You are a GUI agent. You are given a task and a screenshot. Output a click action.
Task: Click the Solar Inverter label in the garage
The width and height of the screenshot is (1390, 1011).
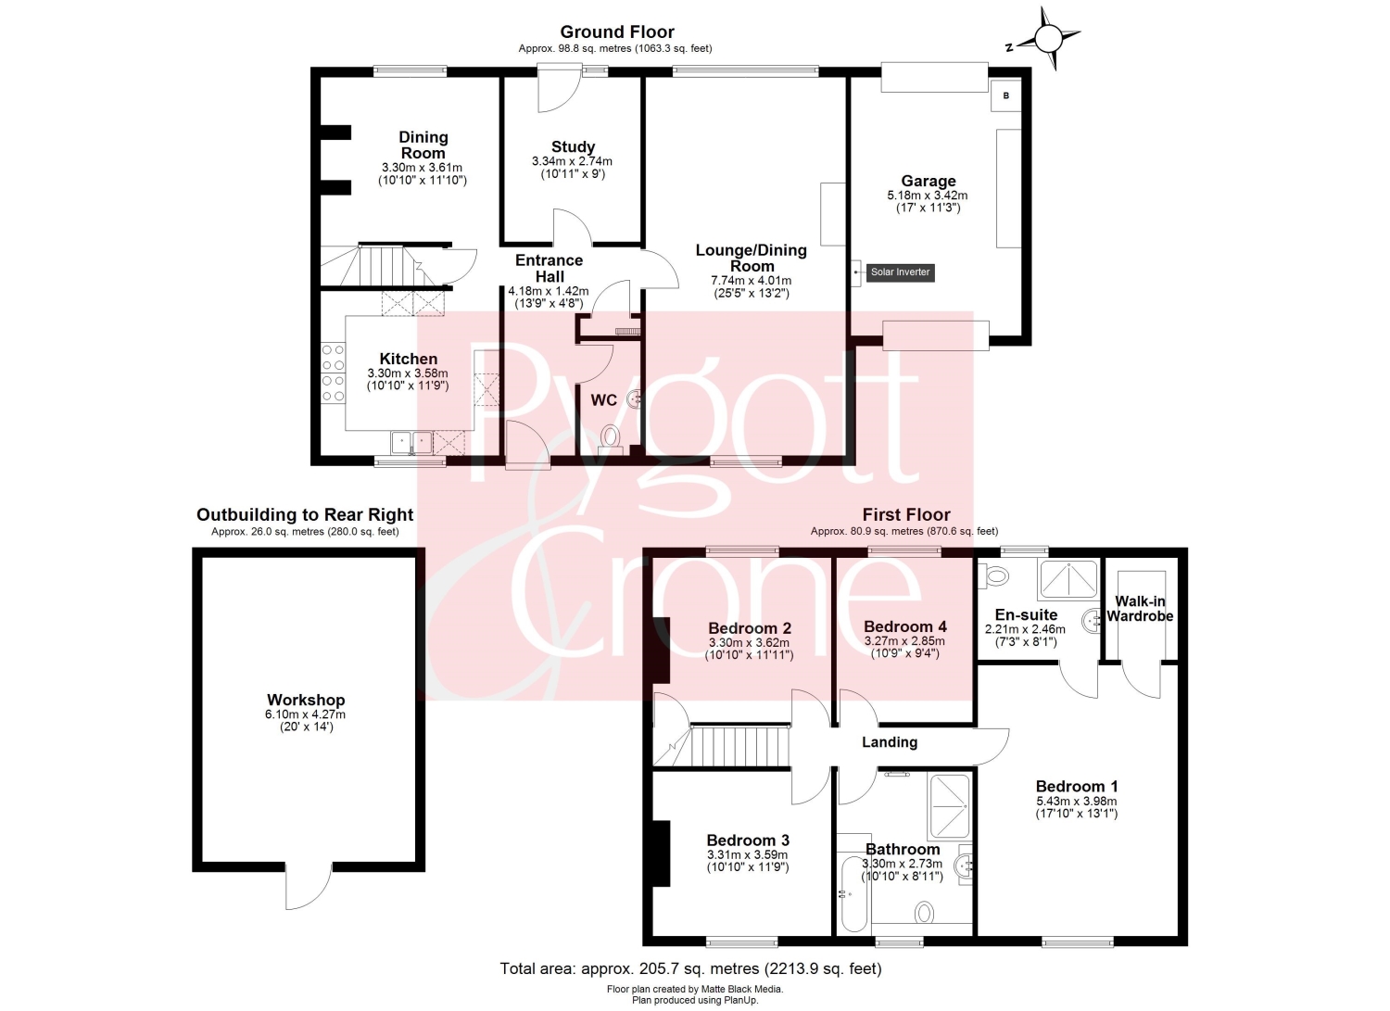(900, 272)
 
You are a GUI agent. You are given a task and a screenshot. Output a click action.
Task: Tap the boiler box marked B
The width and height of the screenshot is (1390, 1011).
(1005, 95)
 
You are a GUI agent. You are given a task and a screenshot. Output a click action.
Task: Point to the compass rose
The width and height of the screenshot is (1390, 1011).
(1049, 39)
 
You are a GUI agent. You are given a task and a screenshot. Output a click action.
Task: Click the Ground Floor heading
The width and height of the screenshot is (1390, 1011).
(617, 32)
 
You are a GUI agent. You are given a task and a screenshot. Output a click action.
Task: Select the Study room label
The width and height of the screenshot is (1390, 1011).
(573, 147)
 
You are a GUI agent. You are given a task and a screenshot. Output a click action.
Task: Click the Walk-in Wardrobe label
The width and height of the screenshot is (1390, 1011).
(1140, 608)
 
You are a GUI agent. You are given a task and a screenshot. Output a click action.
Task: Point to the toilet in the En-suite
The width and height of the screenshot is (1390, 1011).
(992, 576)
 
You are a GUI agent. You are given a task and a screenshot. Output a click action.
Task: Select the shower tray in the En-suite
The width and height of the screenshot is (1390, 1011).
(1068, 579)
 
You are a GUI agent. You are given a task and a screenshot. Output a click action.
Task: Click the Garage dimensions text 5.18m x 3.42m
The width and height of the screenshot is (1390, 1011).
(927, 196)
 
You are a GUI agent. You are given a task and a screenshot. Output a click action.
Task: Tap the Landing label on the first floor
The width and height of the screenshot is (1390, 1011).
(890, 742)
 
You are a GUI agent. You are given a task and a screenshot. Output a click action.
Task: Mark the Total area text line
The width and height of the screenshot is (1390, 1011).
(690, 968)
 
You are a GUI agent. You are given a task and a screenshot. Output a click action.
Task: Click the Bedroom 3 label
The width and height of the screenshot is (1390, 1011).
(748, 840)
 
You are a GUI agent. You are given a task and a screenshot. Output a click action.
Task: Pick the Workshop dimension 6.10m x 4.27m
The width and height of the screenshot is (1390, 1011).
(305, 714)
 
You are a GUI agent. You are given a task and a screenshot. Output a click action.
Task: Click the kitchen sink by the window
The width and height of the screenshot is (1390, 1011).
(411, 443)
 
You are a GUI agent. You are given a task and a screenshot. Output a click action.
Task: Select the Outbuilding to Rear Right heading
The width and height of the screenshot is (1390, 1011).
(305, 515)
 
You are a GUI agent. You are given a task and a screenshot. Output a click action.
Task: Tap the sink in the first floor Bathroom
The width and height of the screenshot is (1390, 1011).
(965, 864)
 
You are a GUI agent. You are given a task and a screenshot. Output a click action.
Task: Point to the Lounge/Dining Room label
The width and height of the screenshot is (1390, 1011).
(751, 259)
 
